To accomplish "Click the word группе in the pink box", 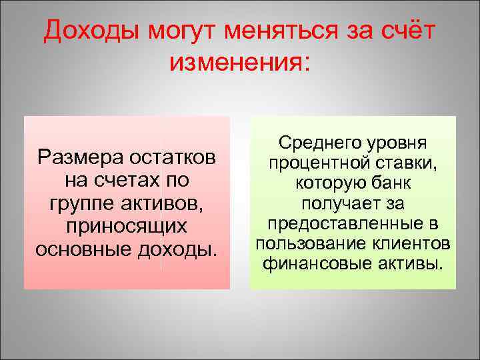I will coord(79,203).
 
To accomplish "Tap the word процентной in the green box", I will coord(319,163).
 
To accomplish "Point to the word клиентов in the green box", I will coord(411,242).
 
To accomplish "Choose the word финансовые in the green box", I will coord(314,262).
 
